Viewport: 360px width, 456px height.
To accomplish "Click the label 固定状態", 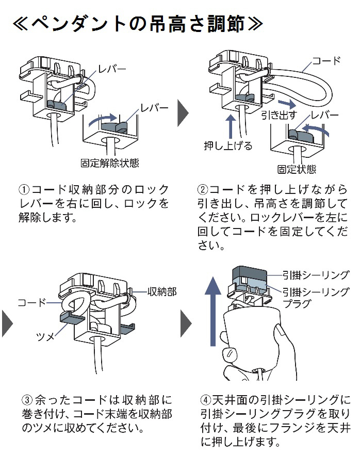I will click(x=297, y=169).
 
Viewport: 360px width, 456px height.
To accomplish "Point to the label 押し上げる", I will click(x=228, y=146).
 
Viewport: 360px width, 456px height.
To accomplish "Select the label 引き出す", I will click(x=278, y=114).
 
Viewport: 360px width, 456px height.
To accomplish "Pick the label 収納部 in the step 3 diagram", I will click(x=162, y=292).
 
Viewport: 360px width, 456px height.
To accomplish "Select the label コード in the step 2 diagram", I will click(x=327, y=61).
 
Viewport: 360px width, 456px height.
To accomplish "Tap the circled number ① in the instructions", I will click(x=24, y=189).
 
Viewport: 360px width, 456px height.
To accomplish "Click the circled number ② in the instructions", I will click(x=203, y=189).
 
